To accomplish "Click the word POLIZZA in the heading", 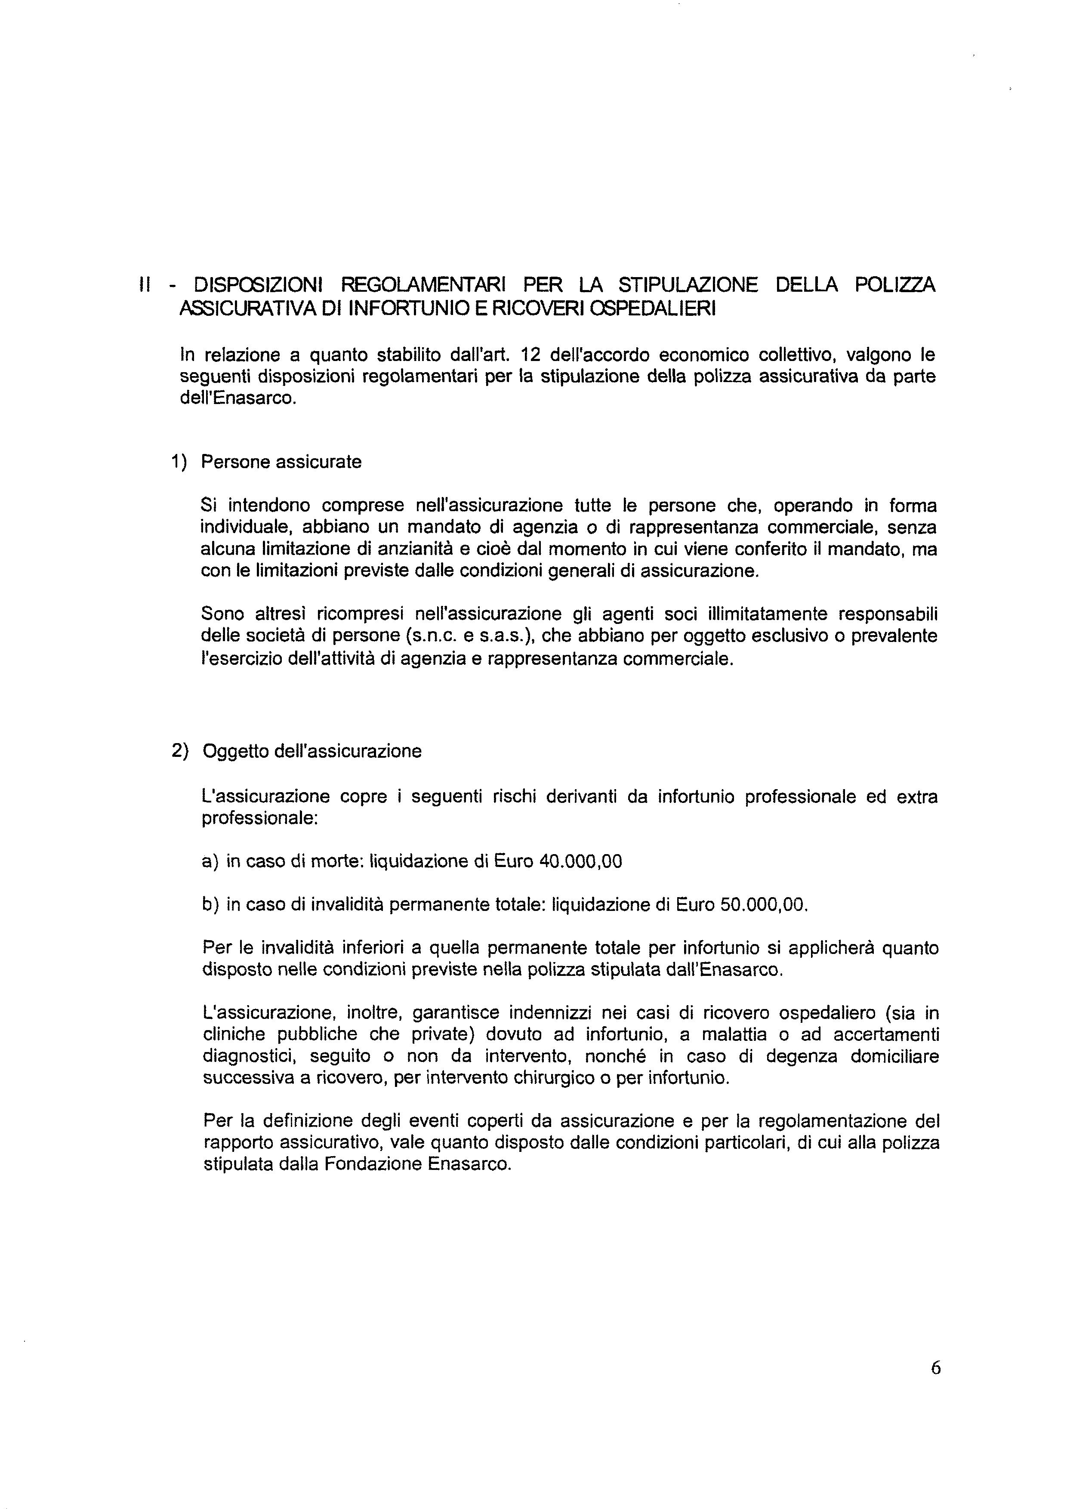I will [x=895, y=285].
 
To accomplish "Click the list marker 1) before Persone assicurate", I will [x=179, y=462].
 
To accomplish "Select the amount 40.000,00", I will [x=580, y=861].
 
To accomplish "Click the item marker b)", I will [x=211, y=905].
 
